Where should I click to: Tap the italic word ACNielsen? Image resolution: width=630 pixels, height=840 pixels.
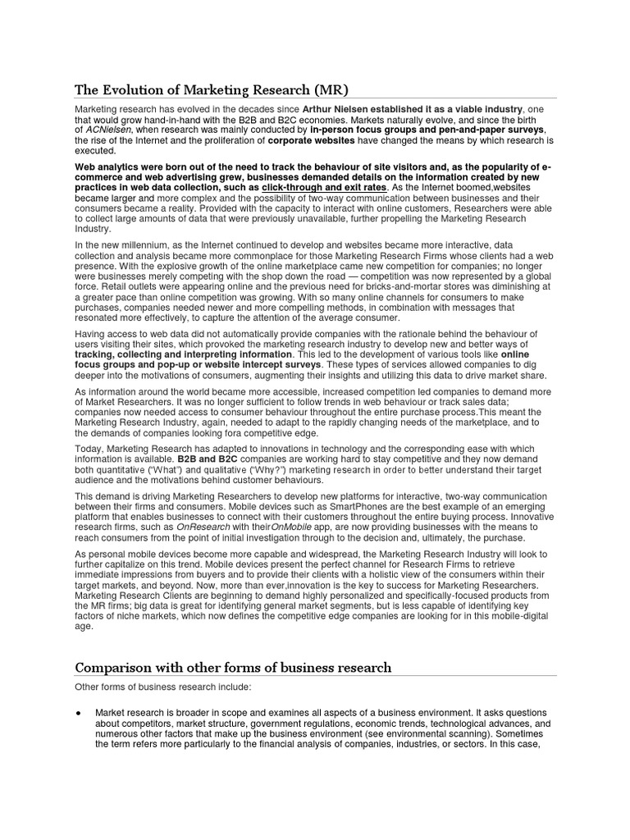pyautogui.click(x=108, y=130)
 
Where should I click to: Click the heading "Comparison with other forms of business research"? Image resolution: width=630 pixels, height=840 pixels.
pyautogui.click(x=234, y=668)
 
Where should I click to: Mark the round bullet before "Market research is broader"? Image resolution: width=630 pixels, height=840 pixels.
pyautogui.click(x=78, y=713)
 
